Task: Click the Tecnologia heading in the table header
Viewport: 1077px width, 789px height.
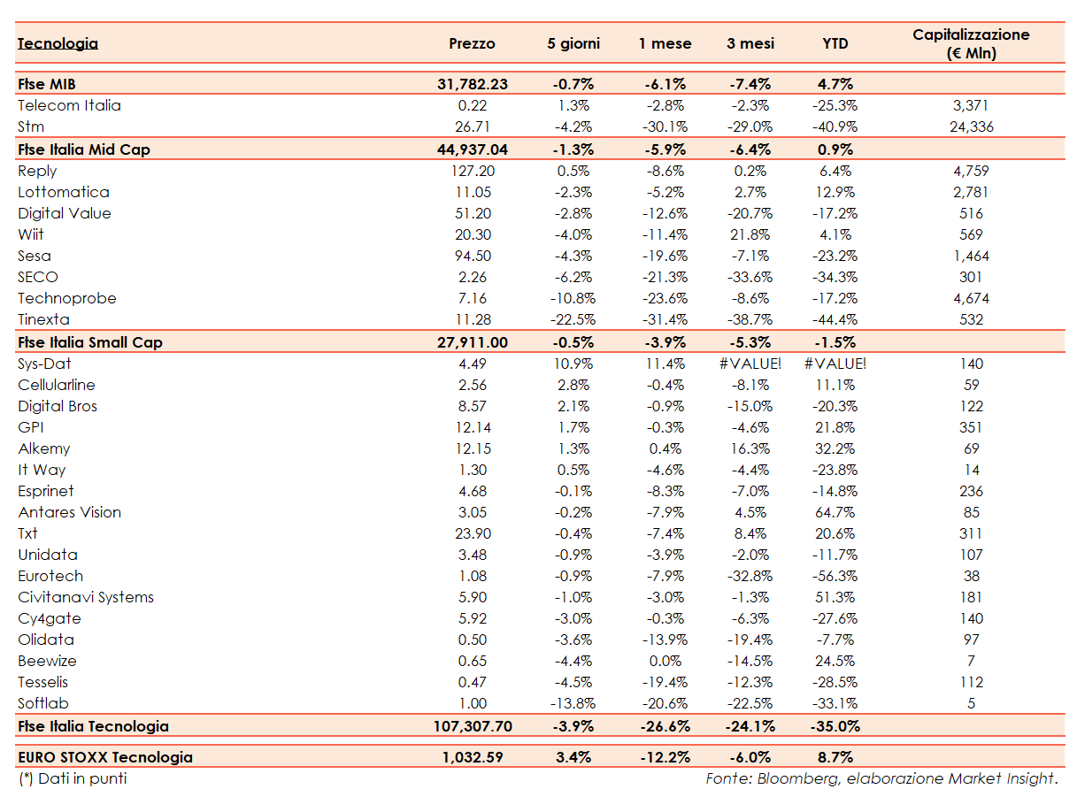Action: pos(58,43)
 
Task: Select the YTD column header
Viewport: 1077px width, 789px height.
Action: pos(835,43)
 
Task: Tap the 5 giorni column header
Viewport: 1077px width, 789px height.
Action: pos(573,43)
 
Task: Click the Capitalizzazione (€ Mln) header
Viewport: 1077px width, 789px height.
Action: pos(971,43)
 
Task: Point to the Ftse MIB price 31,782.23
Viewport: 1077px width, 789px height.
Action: pos(473,84)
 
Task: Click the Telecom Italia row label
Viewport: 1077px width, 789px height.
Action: pos(69,105)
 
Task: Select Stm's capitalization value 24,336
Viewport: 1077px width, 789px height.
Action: pos(971,126)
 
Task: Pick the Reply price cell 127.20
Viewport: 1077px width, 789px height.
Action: pos(473,171)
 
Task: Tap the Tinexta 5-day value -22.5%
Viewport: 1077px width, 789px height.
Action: pos(573,319)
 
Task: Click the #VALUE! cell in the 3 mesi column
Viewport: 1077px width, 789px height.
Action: pos(750,364)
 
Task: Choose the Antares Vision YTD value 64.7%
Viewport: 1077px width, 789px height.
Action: pos(835,512)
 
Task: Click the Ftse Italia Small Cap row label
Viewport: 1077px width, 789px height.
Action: pos(90,342)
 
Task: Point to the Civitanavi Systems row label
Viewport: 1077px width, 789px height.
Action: pos(86,597)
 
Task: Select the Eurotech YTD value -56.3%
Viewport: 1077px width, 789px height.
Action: pos(835,576)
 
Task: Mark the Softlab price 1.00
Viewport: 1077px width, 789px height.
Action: pos(473,703)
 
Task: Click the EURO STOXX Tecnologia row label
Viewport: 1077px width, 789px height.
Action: pos(105,757)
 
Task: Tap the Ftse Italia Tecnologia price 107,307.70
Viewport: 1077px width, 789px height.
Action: pos(473,726)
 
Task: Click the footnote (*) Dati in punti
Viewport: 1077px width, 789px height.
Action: pos(73,778)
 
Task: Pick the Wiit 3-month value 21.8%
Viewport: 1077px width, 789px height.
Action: pos(750,234)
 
